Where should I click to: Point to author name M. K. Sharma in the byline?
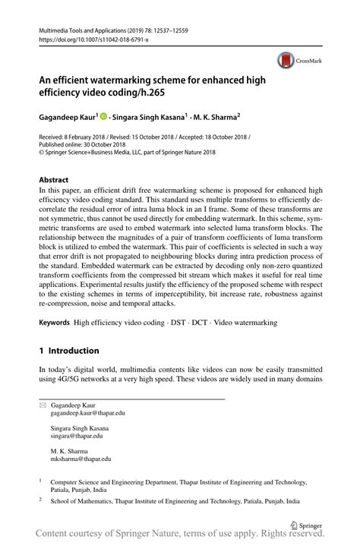point(216,118)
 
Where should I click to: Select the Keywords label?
point(54,323)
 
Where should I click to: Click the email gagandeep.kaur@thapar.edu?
point(87,414)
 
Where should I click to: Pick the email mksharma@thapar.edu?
point(81,459)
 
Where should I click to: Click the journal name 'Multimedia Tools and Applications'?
point(91,29)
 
